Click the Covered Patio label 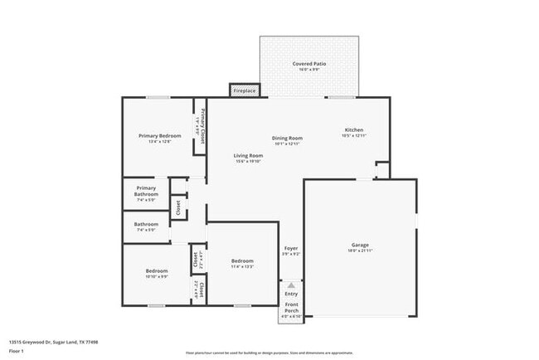(x=308, y=64)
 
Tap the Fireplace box (x=244, y=90)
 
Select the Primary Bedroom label (x=158, y=135)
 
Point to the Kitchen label (x=354, y=130)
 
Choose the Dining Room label (x=287, y=138)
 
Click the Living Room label (x=248, y=155)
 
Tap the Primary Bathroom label (x=146, y=191)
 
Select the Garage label (x=360, y=246)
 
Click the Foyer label (x=291, y=249)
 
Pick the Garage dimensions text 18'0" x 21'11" (x=360, y=251)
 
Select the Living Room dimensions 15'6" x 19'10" (x=248, y=162)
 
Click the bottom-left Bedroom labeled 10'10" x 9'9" (x=157, y=271)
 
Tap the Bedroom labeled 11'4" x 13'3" (x=242, y=262)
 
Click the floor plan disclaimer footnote (x=269, y=352)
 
